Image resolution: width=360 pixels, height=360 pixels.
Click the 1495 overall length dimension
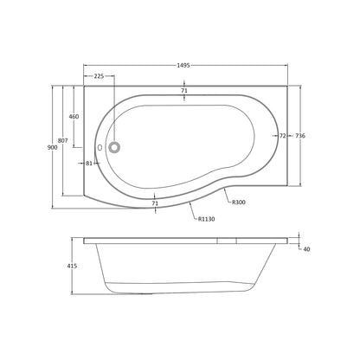pos(183,66)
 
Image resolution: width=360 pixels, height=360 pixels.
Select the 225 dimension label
pos(99,76)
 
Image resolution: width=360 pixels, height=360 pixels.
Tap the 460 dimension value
pos(74,117)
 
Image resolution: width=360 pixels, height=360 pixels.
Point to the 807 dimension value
pos(63,140)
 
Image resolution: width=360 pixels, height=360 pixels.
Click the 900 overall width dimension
pos(52,147)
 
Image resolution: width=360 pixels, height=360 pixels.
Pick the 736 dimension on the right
pos(300,136)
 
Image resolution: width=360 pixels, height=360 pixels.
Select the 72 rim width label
pos(283,136)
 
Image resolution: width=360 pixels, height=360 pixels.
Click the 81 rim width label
pos(89,164)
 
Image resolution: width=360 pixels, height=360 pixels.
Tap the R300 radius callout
pos(239,202)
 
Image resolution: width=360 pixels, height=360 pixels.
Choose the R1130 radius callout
pos(206,219)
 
